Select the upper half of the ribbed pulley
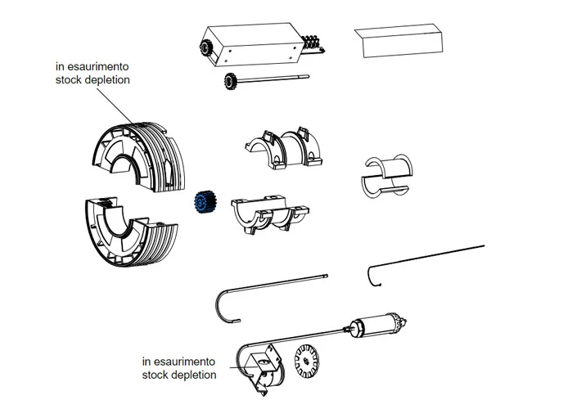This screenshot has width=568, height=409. click(x=135, y=156)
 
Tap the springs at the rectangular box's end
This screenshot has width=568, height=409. click(x=311, y=42)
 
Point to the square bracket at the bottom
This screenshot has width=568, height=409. click(x=261, y=363)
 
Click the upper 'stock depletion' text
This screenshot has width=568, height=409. click(x=92, y=80)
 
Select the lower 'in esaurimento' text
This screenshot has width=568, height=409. click(x=179, y=361)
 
